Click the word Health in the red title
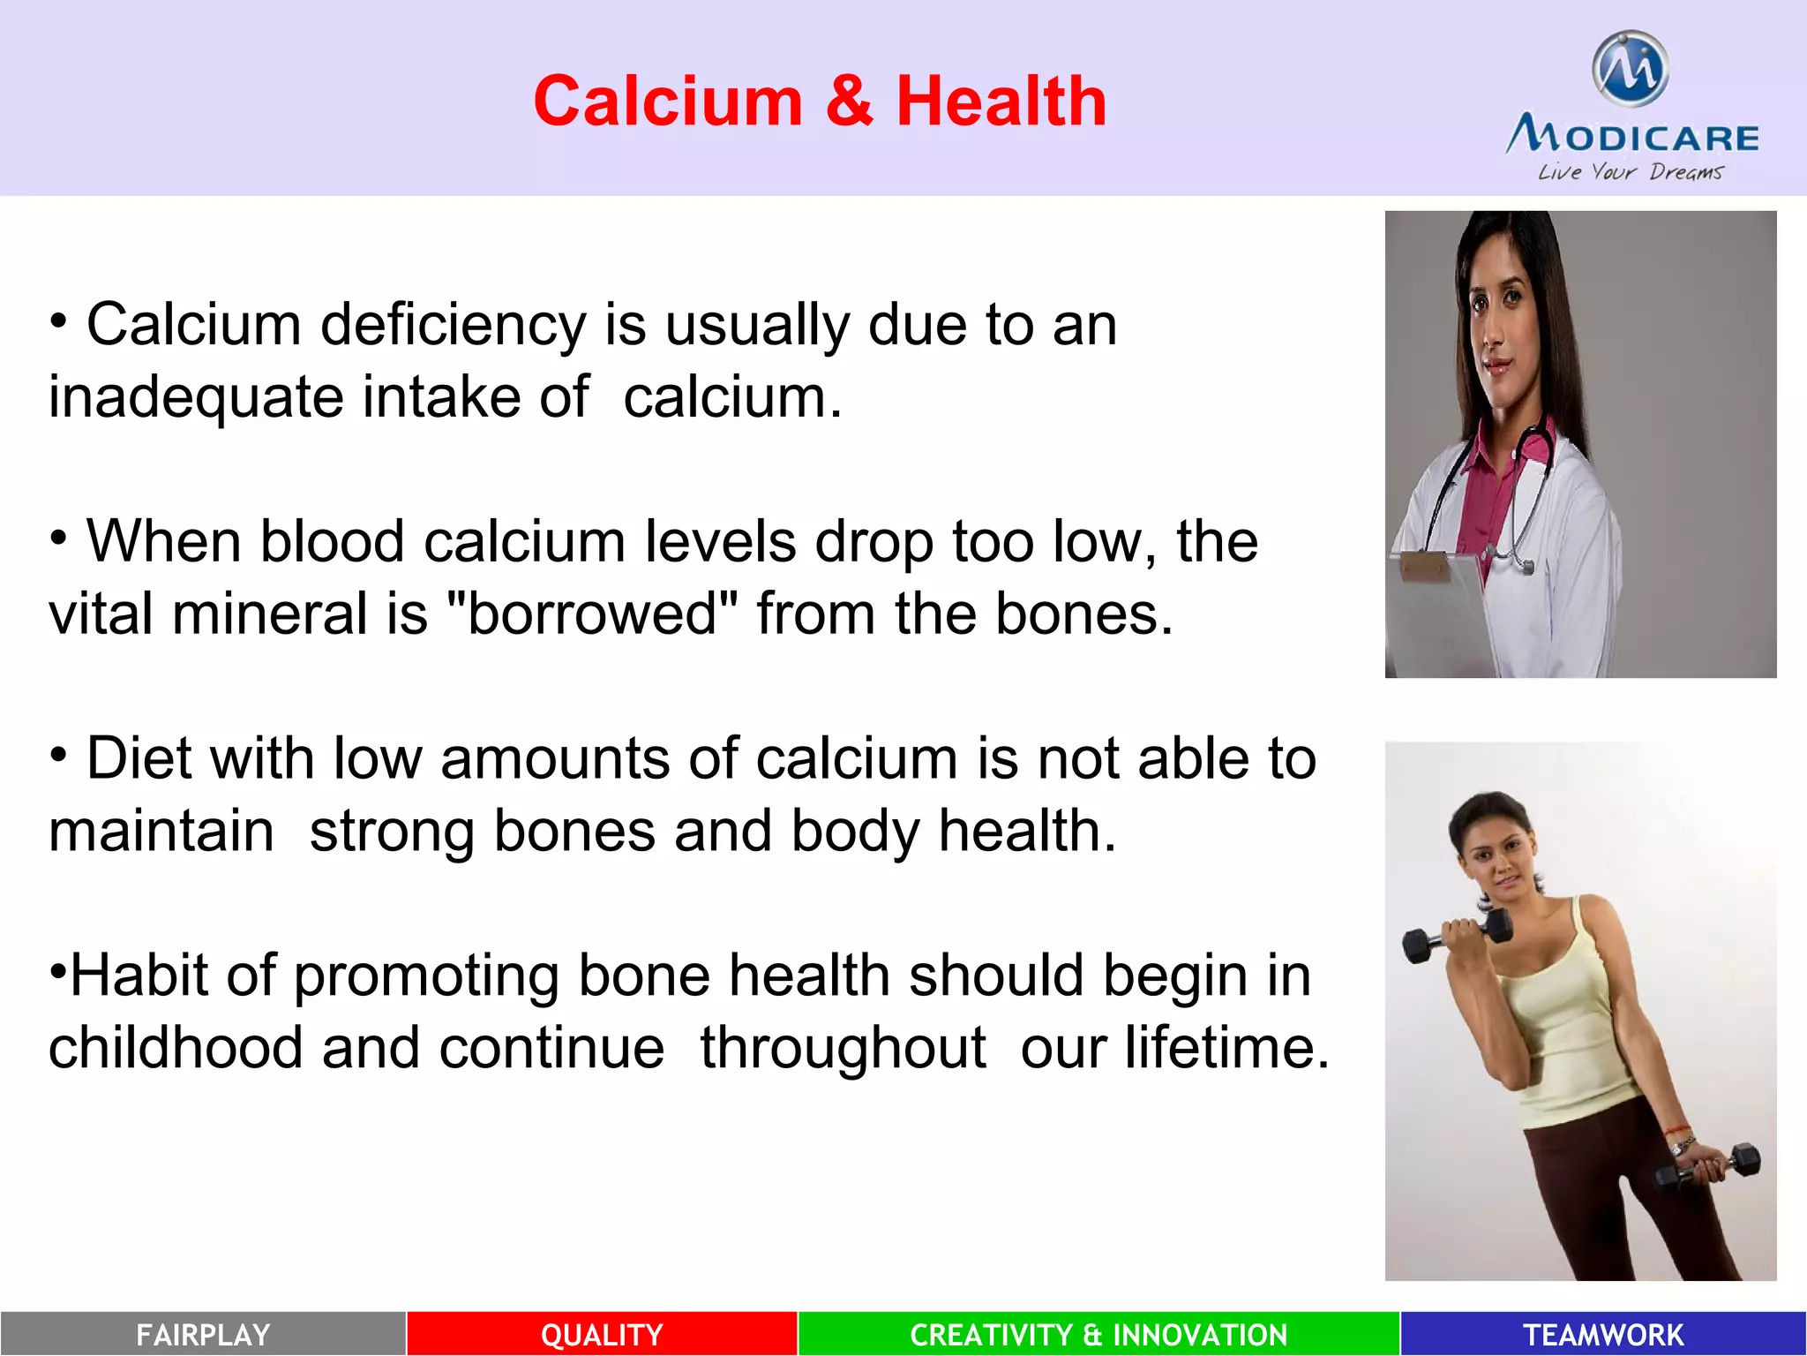[1001, 102]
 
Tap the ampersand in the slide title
[849, 102]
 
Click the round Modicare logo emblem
[1630, 70]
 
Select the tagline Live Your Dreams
[1630, 172]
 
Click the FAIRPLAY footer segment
[203, 1334]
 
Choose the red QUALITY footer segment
[602, 1334]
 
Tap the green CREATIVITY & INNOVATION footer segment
[1098, 1334]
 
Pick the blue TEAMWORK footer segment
[1603, 1334]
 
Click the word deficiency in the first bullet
[453, 326]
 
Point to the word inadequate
[196, 397]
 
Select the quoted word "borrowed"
[592, 614]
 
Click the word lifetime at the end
[1226, 1048]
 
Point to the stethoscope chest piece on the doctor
[1523, 565]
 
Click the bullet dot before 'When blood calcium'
[58, 538]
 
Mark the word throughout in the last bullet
[843, 1048]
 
